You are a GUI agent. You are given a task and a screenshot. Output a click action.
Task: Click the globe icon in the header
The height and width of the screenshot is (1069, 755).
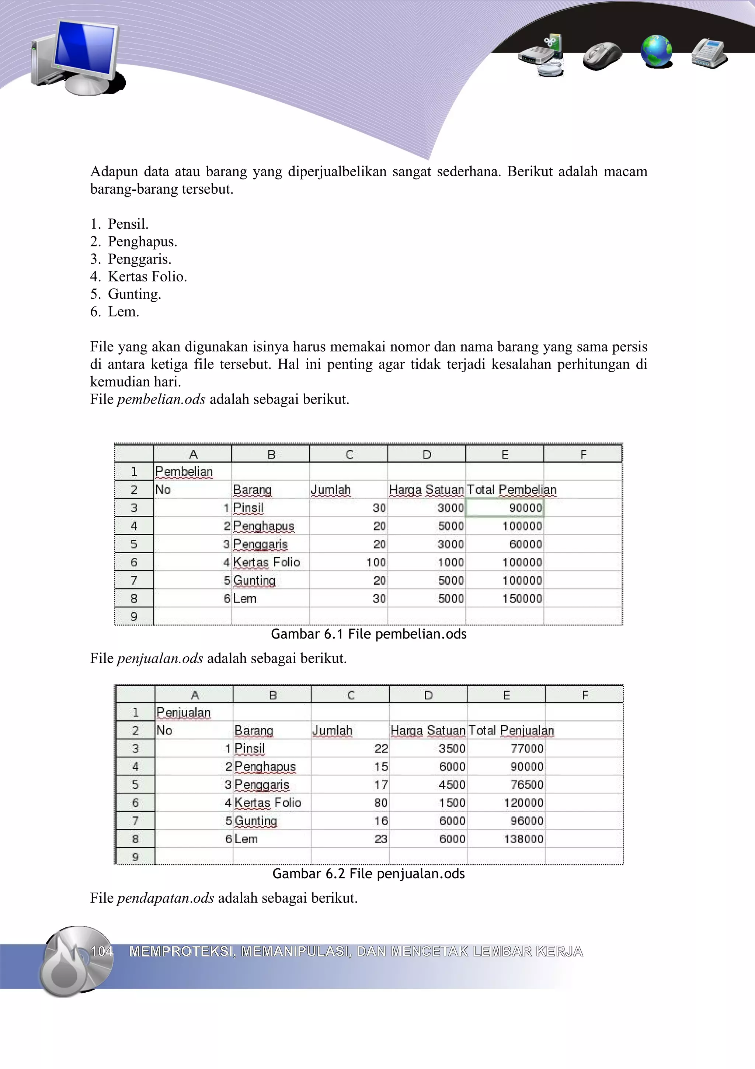click(656, 51)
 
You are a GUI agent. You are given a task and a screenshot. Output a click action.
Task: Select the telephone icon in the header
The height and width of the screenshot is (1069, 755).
click(709, 53)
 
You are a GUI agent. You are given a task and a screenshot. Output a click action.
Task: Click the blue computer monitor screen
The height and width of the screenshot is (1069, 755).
click(85, 49)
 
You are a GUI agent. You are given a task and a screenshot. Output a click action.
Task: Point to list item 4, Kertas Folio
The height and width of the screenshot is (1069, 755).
click(147, 277)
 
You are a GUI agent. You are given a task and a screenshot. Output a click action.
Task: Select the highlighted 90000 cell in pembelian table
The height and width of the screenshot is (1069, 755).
click(505, 508)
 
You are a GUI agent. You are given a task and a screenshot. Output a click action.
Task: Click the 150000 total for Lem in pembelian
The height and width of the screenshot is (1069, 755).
click(522, 598)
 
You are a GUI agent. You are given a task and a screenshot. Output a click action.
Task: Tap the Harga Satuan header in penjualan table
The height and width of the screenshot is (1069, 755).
click(428, 730)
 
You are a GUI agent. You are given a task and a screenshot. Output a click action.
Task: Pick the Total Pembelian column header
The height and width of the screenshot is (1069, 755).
click(511, 490)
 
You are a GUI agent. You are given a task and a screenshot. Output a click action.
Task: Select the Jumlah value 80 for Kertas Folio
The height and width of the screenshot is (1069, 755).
click(380, 803)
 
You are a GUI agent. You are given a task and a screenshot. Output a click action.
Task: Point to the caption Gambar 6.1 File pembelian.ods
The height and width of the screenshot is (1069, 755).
click(368, 634)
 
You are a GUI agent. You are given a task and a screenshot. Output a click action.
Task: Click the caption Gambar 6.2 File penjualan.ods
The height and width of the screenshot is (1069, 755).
click(368, 873)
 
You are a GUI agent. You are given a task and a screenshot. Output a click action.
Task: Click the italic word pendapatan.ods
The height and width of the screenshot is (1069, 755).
click(165, 898)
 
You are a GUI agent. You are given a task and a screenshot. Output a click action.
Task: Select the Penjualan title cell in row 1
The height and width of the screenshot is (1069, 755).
click(184, 712)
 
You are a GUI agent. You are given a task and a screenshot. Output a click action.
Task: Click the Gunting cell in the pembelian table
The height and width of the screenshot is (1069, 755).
click(254, 580)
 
